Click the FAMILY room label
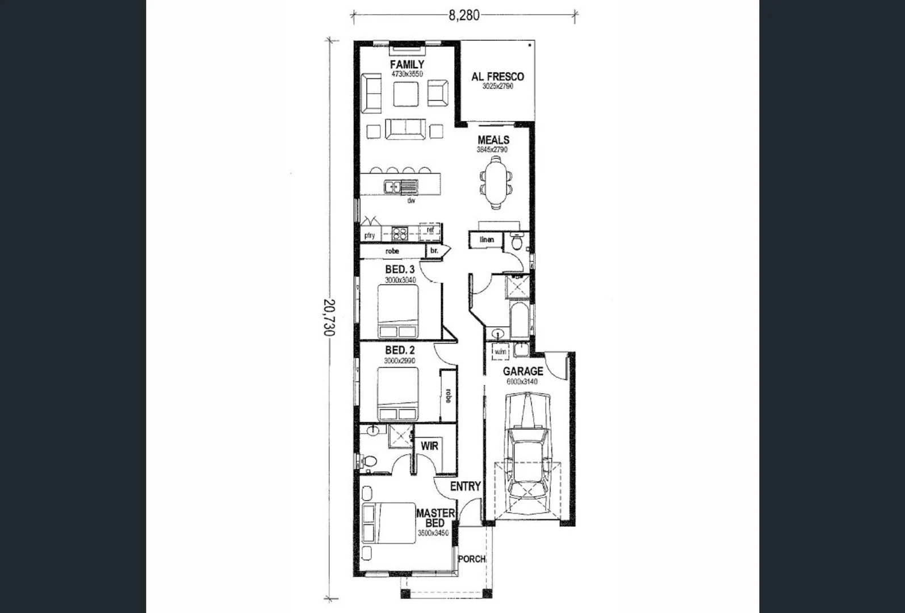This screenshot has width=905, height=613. point(407,64)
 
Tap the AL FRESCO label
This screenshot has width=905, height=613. point(497,77)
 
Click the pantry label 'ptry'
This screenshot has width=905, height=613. point(370,235)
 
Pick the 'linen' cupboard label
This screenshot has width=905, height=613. point(487,240)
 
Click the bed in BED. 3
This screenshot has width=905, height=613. point(398,312)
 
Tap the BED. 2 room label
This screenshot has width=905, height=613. point(400,350)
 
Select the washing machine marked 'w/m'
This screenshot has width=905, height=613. point(500,352)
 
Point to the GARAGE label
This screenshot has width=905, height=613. point(523,371)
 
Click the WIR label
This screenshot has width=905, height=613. point(429,446)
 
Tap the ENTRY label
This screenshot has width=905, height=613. point(465,486)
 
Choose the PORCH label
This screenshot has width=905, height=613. point(472,559)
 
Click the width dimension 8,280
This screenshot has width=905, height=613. point(464,15)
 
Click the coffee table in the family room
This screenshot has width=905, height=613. point(406,94)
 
